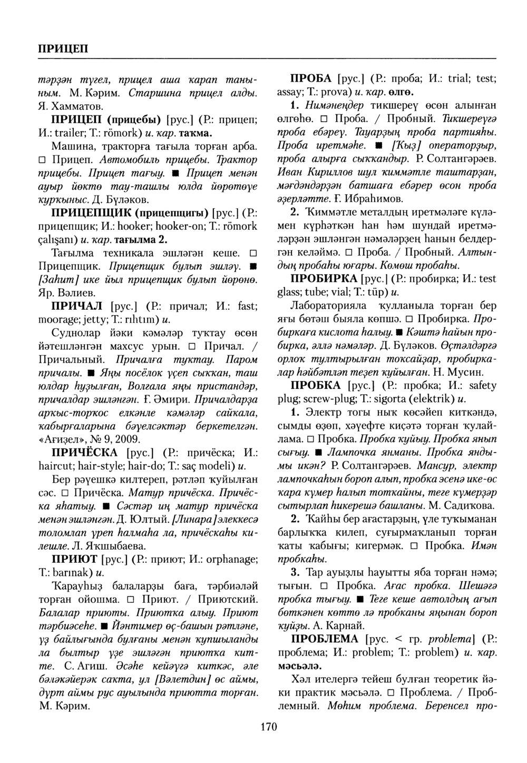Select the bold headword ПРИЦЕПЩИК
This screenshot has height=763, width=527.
click(x=91, y=213)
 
